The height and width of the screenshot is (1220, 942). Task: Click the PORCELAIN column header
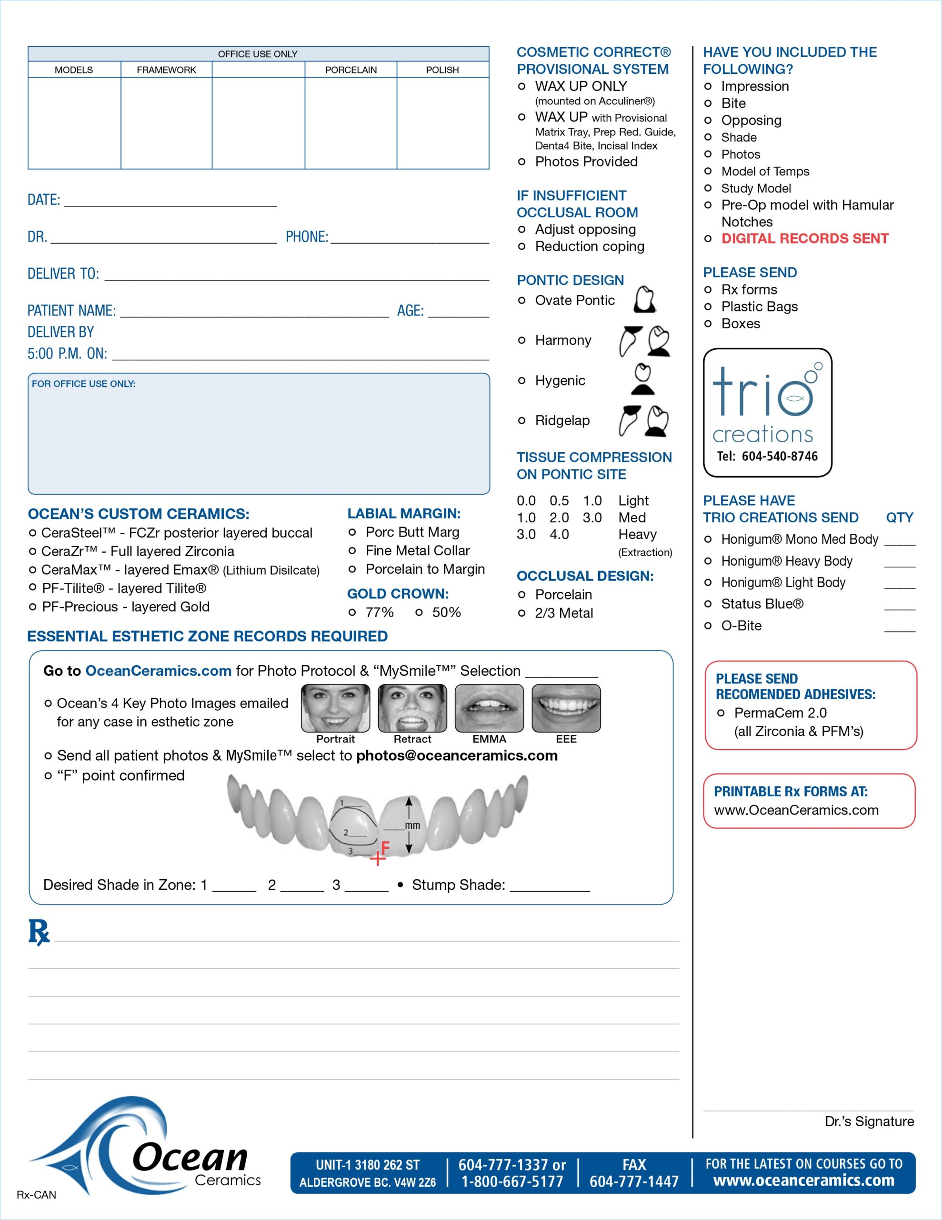click(x=351, y=70)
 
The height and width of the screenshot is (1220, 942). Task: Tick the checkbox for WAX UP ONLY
click(x=521, y=87)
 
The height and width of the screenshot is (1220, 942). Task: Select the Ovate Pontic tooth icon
click(x=644, y=299)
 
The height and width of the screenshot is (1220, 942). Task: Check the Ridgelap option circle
click(x=521, y=421)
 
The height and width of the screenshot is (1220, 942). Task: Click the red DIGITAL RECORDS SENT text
click(x=804, y=239)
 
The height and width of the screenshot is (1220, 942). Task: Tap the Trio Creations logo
click(x=767, y=412)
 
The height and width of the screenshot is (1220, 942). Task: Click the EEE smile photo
click(x=566, y=708)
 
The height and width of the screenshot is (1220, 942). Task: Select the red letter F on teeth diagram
click(x=385, y=848)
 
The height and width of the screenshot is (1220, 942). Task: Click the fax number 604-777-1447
click(x=634, y=1181)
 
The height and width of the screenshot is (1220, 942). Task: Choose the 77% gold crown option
click(x=352, y=613)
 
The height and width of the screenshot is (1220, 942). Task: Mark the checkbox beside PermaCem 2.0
click(x=721, y=713)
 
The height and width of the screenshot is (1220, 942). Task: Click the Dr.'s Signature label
click(x=869, y=1121)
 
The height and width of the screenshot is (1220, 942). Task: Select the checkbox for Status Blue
click(x=708, y=604)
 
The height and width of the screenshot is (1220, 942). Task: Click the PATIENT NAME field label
click(x=71, y=311)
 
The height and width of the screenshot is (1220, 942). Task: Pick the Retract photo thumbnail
click(x=412, y=708)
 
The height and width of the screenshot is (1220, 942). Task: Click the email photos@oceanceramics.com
click(x=457, y=756)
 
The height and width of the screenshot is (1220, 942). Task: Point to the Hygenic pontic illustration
click(x=643, y=380)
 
